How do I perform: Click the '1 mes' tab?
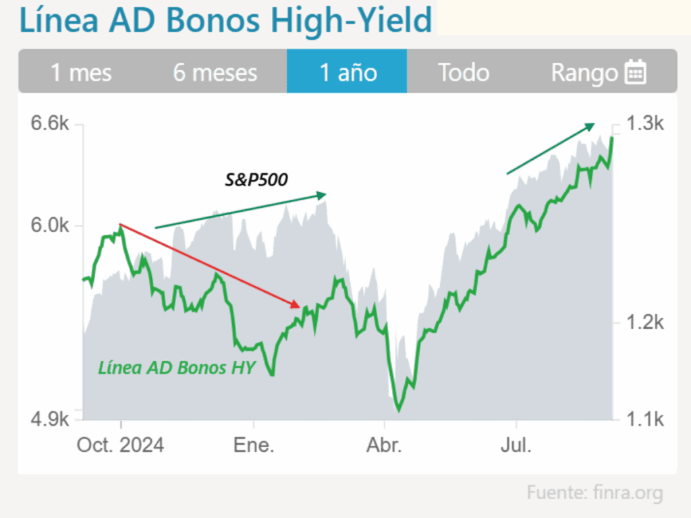tap(81, 72)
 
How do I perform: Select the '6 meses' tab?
tap(215, 72)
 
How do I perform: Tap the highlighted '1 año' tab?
tap(348, 72)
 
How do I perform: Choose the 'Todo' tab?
tap(463, 72)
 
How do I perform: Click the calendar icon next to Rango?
tap(636, 72)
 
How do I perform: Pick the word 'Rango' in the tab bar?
tap(584, 72)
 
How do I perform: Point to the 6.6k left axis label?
tap(50, 125)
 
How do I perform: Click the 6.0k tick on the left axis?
tap(50, 226)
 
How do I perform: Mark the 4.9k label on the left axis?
tap(50, 419)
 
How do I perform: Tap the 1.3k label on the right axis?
tap(645, 124)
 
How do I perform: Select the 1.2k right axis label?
tap(645, 323)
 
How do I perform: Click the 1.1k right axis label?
tap(645, 420)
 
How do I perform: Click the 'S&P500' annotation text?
tap(256, 179)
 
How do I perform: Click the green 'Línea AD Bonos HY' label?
tap(177, 368)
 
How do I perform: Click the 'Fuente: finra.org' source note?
tap(595, 492)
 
